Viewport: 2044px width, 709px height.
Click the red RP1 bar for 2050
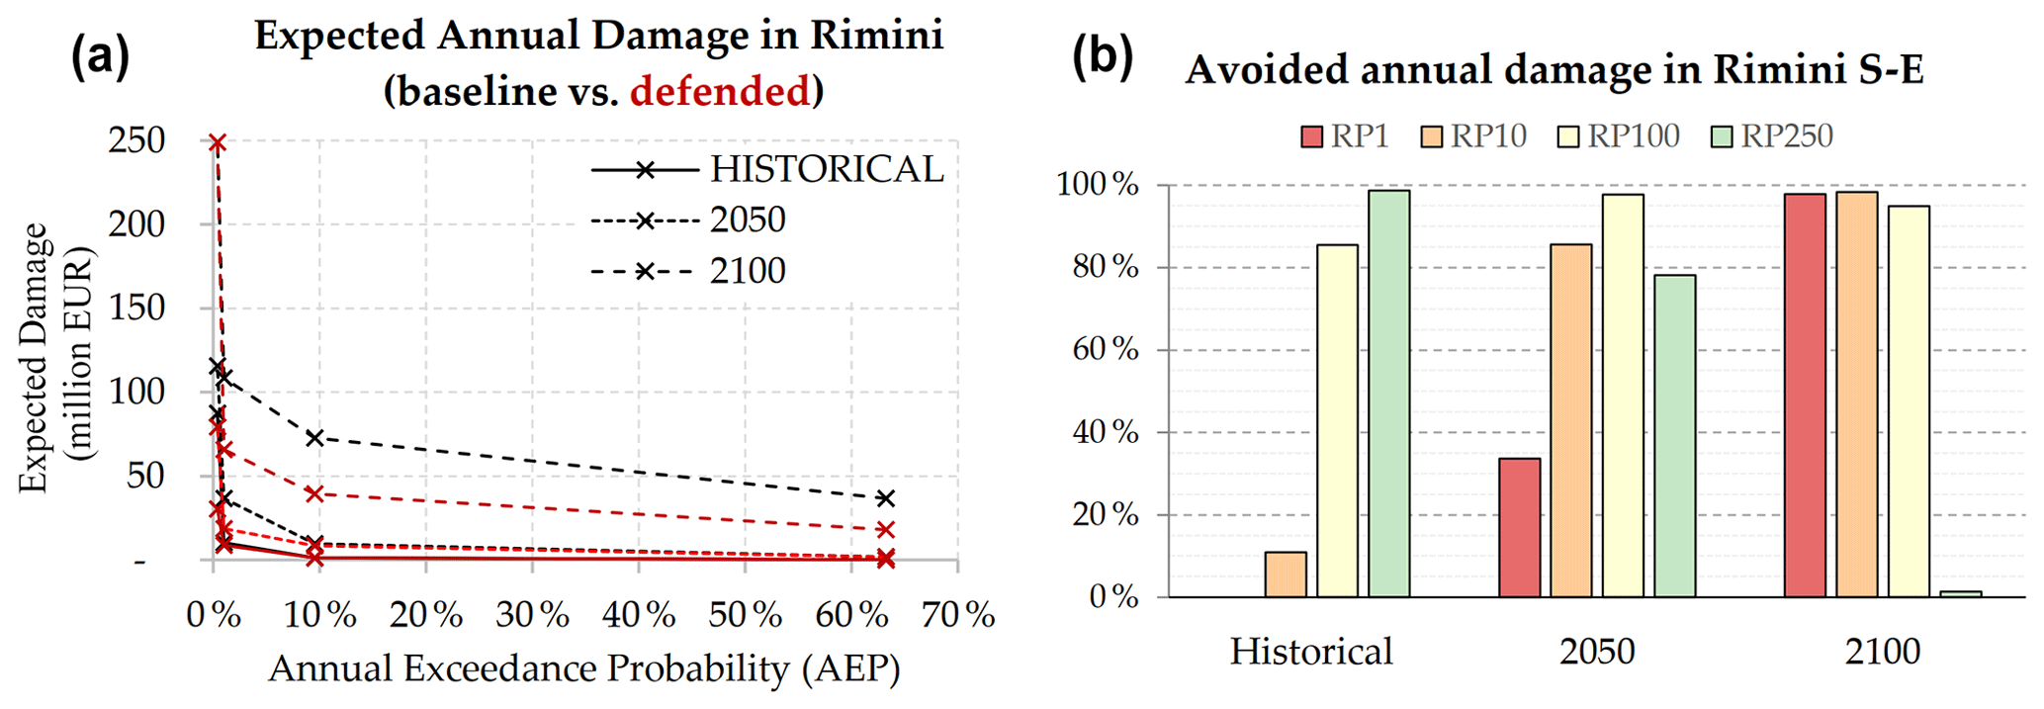click(x=1519, y=528)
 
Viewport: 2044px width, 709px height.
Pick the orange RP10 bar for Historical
click(x=1285, y=575)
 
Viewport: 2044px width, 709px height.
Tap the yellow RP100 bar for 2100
click(x=1909, y=401)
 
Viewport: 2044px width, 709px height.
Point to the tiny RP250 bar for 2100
click(x=1960, y=593)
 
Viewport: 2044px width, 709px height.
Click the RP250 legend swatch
click(x=1722, y=136)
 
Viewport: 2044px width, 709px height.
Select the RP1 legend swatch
click(x=1311, y=136)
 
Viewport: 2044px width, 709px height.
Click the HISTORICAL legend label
click(x=827, y=169)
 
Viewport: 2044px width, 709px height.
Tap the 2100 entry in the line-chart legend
click(x=748, y=270)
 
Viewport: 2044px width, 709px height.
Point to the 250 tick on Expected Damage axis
click(x=136, y=140)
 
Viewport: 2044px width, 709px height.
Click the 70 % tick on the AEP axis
click(x=957, y=615)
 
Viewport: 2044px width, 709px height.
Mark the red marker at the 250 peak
click(x=217, y=143)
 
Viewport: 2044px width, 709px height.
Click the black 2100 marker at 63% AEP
click(x=886, y=498)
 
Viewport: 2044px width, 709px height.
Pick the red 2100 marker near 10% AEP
click(x=314, y=493)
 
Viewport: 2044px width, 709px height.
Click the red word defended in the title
click(x=720, y=91)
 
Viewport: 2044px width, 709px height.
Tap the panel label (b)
click(x=1103, y=57)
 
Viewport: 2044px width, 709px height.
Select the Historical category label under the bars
click(x=1311, y=652)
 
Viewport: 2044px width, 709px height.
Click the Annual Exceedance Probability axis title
click(x=584, y=668)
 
